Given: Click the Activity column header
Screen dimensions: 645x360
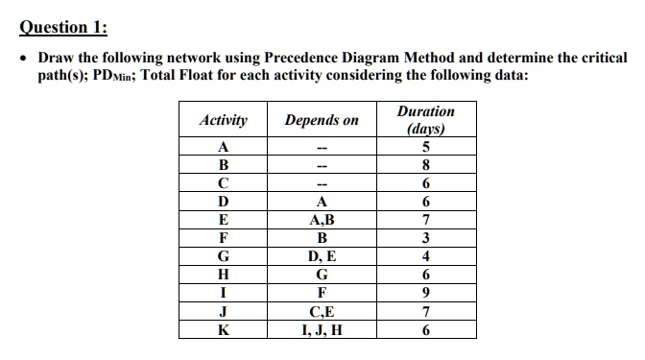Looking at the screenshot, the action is click(223, 121).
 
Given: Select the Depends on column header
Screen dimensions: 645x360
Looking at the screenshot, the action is click(322, 121).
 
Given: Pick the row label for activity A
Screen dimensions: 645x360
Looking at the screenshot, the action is click(223, 148).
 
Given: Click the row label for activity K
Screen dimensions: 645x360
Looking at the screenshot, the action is click(223, 329).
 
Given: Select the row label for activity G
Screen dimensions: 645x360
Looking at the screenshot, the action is click(223, 256).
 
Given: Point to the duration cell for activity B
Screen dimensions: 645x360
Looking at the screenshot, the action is click(425, 165).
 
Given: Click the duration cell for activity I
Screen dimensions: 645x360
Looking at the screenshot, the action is click(425, 293).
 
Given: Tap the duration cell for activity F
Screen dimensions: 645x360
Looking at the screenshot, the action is click(425, 238).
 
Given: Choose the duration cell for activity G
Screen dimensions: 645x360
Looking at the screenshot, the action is click(425, 256).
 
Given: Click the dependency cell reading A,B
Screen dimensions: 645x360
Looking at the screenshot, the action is click(322, 220).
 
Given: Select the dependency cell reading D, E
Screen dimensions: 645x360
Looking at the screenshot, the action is click(322, 256).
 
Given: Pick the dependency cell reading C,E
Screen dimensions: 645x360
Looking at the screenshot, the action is click(322, 311).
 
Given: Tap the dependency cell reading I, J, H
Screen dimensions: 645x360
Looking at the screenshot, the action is click(322, 329).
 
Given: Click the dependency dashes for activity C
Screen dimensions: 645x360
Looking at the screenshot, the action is click(322, 184).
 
